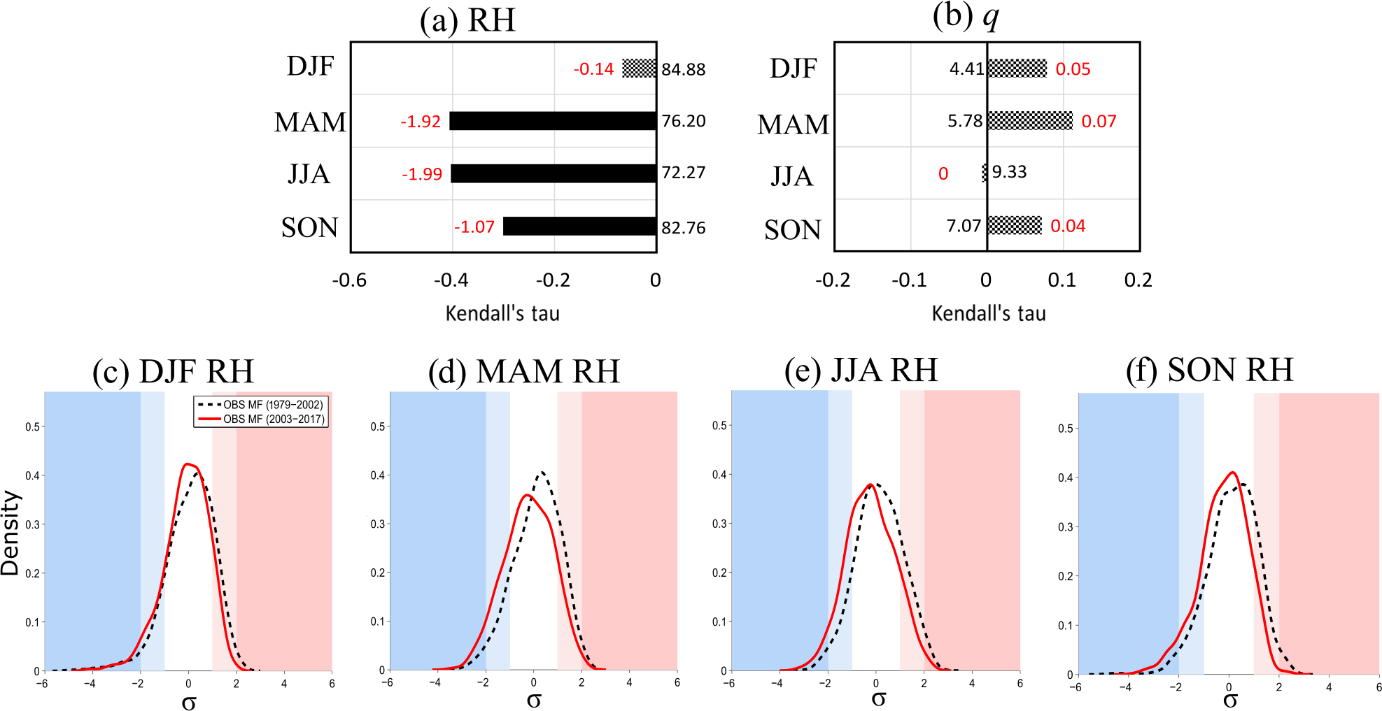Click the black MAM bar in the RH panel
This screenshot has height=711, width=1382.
click(553, 121)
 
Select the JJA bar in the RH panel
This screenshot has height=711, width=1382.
click(553, 173)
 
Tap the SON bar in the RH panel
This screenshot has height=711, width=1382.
click(579, 226)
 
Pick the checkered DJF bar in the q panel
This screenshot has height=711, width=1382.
click(1017, 69)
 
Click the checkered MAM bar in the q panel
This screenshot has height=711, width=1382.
click(1029, 121)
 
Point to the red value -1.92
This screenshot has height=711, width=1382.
click(421, 122)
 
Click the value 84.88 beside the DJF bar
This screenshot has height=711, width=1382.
click(684, 69)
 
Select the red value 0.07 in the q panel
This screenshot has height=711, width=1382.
click(1099, 122)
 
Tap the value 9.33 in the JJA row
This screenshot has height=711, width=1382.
click(1009, 172)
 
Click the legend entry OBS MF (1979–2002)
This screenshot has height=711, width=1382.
click(273, 405)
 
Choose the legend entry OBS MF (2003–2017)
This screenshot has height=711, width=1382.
click(274, 419)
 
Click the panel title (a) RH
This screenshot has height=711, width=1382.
click(467, 20)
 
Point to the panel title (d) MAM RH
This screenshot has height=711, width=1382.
click(524, 371)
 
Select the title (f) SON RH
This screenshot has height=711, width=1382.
click(1209, 370)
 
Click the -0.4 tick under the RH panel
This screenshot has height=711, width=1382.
click(451, 280)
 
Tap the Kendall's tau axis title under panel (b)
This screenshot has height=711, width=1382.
click(989, 313)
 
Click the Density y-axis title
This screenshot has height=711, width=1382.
click(10, 533)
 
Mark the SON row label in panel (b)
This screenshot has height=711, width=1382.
click(792, 229)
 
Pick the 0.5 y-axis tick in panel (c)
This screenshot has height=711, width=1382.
click(32, 426)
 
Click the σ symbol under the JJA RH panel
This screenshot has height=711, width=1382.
click(879, 698)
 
